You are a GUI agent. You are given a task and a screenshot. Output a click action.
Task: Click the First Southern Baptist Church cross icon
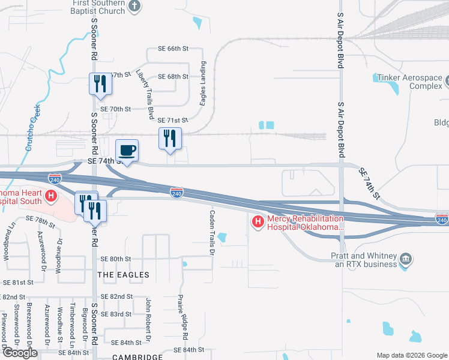(134, 7)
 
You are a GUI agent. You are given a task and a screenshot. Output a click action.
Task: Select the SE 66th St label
(173, 48)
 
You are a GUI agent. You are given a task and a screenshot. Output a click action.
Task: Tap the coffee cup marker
(127, 151)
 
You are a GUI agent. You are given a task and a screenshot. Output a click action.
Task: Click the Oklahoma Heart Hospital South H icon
(51, 196)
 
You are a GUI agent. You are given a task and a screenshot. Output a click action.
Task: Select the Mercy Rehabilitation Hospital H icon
(258, 222)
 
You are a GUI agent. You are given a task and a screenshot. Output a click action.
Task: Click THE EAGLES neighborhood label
(123, 275)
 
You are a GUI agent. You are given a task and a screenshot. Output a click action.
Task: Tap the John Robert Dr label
(147, 316)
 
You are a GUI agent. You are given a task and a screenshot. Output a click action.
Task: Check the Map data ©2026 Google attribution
(411, 355)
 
